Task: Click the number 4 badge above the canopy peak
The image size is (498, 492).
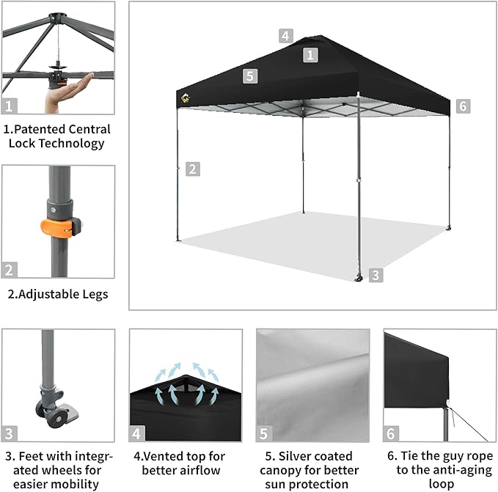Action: pyautogui.click(x=286, y=36)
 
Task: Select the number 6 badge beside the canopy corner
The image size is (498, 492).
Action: pyautogui.click(x=463, y=106)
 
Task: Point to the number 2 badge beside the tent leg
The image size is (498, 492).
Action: pyautogui.click(x=193, y=169)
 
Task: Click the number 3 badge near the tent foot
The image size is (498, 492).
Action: pyautogui.click(x=376, y=275)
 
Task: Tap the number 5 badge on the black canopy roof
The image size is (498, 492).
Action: pyautogui.click(x=250, y=76)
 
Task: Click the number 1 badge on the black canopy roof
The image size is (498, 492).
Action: pyautogui.click(x=310, y=55)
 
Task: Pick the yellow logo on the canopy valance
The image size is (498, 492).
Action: pyautogui.click(x=186, y=98)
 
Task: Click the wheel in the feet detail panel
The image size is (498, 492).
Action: pyautogui.click(x=56, y=419)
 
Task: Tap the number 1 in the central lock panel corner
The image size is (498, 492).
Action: pyautogui.click(x=10, y=106)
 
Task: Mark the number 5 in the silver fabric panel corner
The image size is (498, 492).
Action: pyautogui.click(x=263, y=433)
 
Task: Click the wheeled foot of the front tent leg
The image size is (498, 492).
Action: pyautogui.click(x=359, y=278)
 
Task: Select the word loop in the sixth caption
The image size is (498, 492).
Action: pyautogui.click(x=441, y=484)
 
